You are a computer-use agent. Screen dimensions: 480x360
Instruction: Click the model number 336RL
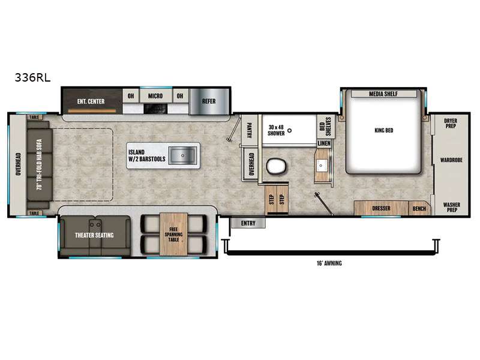(32, 77)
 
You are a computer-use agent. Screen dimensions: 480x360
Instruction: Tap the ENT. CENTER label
(91, 101)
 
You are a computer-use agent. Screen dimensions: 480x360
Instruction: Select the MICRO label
(155, 96)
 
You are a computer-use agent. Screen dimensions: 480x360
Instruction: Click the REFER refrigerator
(209, 101)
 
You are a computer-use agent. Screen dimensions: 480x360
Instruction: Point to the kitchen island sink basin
(183, 155)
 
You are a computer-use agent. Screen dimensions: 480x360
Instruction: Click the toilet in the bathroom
(277, 167)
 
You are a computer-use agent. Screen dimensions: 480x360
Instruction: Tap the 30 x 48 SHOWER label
(276, 130)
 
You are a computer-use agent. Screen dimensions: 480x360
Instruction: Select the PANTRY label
(249, 130)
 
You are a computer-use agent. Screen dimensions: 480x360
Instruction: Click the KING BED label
(384, 130)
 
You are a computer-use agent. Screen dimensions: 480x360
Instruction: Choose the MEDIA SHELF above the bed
(383, 94)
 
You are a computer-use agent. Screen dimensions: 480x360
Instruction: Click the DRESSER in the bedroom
(381, 208)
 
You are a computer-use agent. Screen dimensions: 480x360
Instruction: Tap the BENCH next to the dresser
(419, 208)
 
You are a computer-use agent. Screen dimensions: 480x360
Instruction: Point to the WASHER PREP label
(452, 207)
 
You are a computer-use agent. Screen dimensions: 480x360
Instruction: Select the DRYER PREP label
(451, 124)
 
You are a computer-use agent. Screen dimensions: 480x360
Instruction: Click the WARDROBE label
(451, 160)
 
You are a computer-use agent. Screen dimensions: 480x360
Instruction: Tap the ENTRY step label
(248, 223)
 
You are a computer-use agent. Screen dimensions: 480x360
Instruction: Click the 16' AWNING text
(329, 263)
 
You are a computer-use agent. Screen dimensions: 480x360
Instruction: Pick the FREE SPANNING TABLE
(173, 234)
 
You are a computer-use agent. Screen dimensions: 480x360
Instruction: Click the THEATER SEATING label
(94, 235)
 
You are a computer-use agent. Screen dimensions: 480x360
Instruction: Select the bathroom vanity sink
(321, 166)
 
